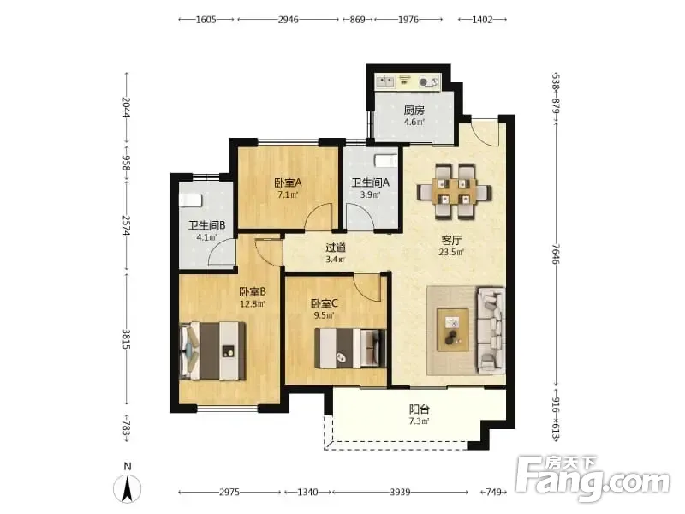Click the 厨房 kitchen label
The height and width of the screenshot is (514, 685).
(414, 110)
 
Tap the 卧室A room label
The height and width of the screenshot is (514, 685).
(288, 182)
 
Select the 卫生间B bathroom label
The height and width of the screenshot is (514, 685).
(207, 225)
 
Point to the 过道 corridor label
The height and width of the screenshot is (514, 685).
(336, 248)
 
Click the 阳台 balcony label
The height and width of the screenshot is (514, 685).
(419, 409)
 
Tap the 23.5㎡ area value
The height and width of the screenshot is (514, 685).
(451, 252)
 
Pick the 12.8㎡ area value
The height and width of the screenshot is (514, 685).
(253, 303)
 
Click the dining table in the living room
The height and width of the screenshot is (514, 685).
(455, 191)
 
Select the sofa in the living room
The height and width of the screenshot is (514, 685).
(491, 331)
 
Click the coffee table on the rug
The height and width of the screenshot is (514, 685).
(454, 330)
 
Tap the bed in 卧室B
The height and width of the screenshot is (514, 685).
(212, 351)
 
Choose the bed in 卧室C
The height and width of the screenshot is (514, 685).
(350, 349)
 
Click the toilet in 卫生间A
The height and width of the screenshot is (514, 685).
(387, 161)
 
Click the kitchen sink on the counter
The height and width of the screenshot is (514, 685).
(385, 81)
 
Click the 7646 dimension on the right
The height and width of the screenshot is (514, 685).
(556, 254)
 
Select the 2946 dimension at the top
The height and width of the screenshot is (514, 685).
(289, 19)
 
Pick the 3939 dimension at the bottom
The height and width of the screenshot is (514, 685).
(400, 492)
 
